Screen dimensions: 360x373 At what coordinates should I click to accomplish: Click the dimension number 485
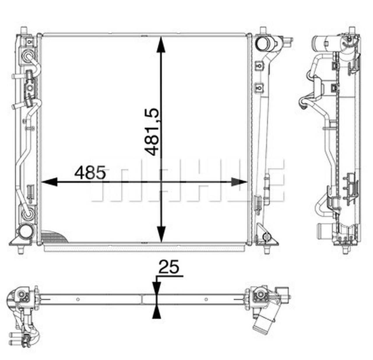click(x=89, y=173)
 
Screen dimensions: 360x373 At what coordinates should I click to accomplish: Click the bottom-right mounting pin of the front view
click(x=267, y=249)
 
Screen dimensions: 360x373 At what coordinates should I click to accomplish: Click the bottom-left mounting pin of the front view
click(x=21, y=249)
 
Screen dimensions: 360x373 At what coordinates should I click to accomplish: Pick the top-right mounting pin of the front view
click(x=263, y=30)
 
